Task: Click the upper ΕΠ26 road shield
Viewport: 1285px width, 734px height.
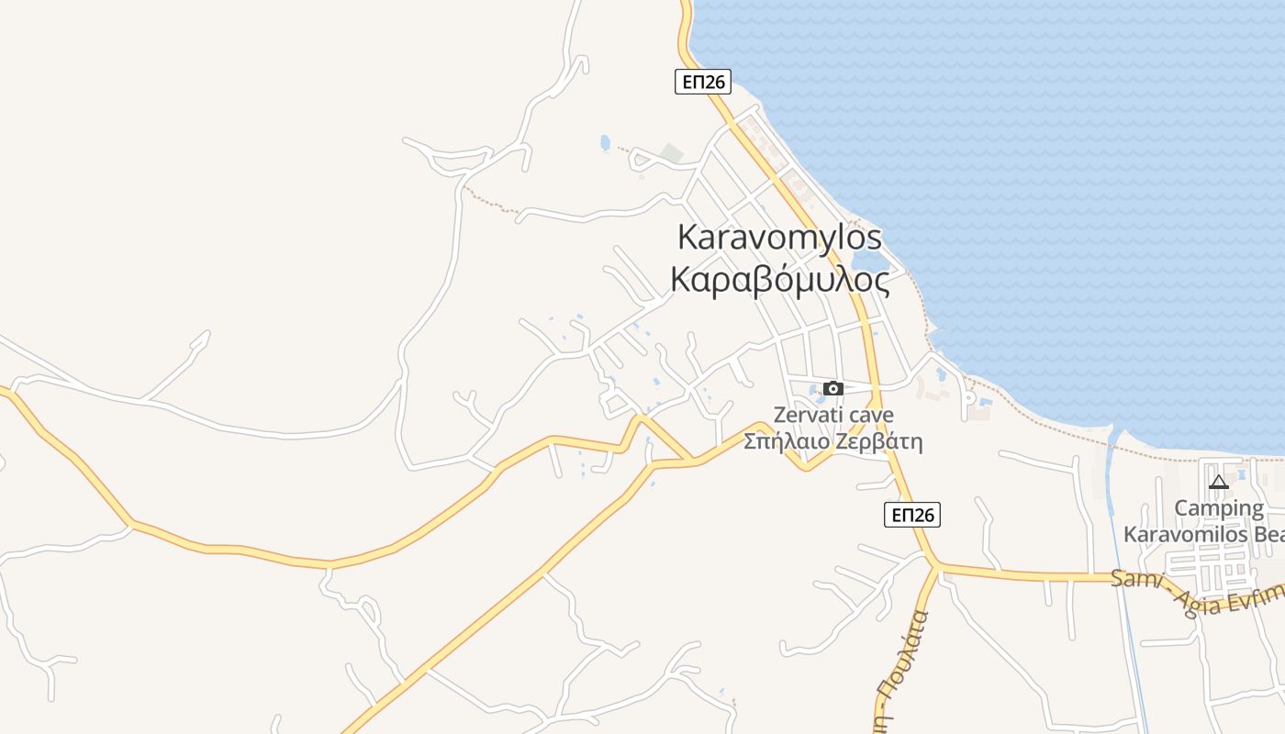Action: click(703, 82)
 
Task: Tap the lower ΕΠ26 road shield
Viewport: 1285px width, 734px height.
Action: click(913, 515)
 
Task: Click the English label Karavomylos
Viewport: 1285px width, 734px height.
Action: click(779, 237)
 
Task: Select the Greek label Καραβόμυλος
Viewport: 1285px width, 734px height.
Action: click(779, 279)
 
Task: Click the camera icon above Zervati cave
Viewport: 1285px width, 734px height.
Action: click(832, 388)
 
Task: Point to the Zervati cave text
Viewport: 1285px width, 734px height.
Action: click(832, 415)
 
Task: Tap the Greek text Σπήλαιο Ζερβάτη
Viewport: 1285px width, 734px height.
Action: click(832, 441)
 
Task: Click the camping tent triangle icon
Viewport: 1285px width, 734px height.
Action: click(1218, 482)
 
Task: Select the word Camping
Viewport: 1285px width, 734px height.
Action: click(1219, 508)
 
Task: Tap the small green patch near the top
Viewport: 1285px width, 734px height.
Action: click(674, 153)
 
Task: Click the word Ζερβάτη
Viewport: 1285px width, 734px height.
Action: click(880, 441)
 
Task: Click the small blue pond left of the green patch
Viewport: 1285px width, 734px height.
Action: click(604, 142)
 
